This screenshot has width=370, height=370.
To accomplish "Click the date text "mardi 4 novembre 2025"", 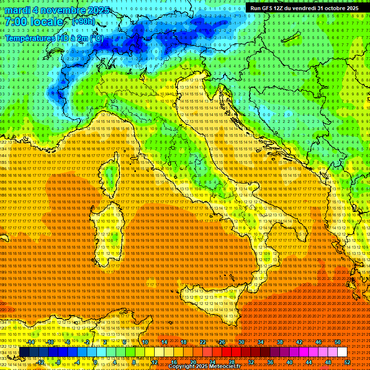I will pos(57,10).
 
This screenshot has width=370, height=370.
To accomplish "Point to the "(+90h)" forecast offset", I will pos(83,22).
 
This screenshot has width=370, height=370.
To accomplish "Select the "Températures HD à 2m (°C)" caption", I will pos(54,38).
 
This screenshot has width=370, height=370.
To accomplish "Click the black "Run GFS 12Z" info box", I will pos(304,8).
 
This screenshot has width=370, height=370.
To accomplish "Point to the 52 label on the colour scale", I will pos(347,362).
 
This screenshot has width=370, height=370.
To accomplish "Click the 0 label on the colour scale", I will pos(95,362).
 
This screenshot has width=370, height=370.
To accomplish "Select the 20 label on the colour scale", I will pos(193,362).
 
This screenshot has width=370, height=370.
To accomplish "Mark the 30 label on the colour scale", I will pos(241,342).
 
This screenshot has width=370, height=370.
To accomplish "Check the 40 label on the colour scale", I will pos(290,362).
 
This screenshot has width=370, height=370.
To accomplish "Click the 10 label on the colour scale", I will pos(145,342).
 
